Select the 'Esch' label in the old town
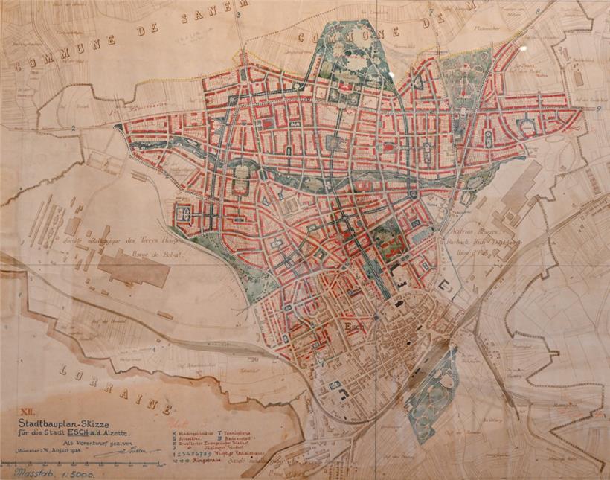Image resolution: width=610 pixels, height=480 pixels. point(353,325)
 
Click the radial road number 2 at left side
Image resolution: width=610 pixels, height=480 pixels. point(73,128)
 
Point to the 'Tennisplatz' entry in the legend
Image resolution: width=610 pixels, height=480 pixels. point(238,432)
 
